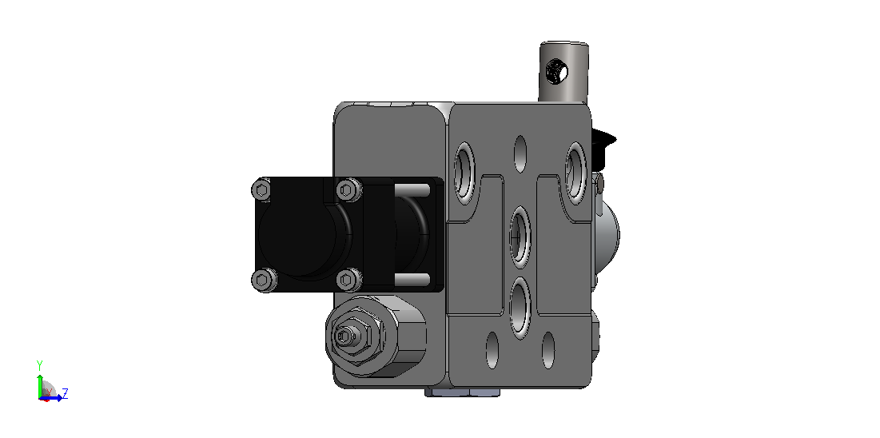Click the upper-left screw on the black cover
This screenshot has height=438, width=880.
[261, 189]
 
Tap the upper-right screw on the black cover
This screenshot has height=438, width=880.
[348, 189]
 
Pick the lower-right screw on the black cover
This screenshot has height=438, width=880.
[348, 280]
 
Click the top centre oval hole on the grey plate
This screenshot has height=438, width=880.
[520, 154]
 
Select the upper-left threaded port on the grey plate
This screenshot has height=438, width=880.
[464, 173]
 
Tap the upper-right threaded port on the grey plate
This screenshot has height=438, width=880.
[575, 173]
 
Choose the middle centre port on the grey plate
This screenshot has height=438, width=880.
[520, 237]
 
